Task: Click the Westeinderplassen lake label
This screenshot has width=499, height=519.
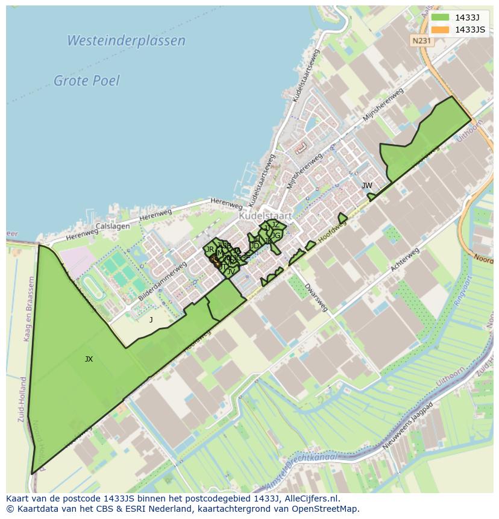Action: point(126,41)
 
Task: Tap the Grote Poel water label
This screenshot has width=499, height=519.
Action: point(87,80)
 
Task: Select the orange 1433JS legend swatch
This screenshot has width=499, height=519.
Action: point(440,30)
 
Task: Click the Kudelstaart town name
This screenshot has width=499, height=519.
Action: point(265,215)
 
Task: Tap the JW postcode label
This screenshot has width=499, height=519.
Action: point(366,185)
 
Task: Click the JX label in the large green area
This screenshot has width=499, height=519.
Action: point(89,359)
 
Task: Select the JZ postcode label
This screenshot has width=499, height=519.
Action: point(275,225)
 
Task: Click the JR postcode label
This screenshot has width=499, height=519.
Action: point(210,249)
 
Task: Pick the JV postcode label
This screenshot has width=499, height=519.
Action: point(230,272)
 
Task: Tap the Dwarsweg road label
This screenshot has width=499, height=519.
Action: point(316,297)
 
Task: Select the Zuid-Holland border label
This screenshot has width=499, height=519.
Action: point(23,399)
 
